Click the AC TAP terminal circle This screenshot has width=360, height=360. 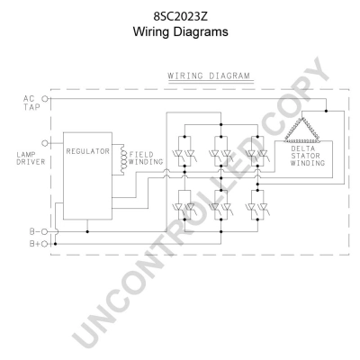45,98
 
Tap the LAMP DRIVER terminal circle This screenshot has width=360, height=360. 45,143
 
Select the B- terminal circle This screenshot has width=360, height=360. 44,231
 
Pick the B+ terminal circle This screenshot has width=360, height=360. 45,244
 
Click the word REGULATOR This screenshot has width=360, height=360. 87,151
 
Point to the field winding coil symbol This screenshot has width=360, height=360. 122,159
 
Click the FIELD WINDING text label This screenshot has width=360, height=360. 146,158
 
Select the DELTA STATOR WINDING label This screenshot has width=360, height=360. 308,156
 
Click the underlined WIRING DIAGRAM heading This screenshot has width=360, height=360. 209,76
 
